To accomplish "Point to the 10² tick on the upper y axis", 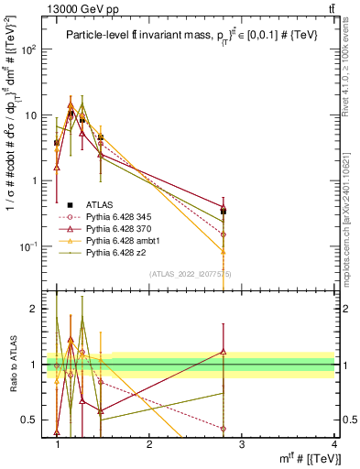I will pyautogui.click(x=31, y=49).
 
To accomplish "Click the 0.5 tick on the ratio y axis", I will pyautogui.click(x=33, y=420).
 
